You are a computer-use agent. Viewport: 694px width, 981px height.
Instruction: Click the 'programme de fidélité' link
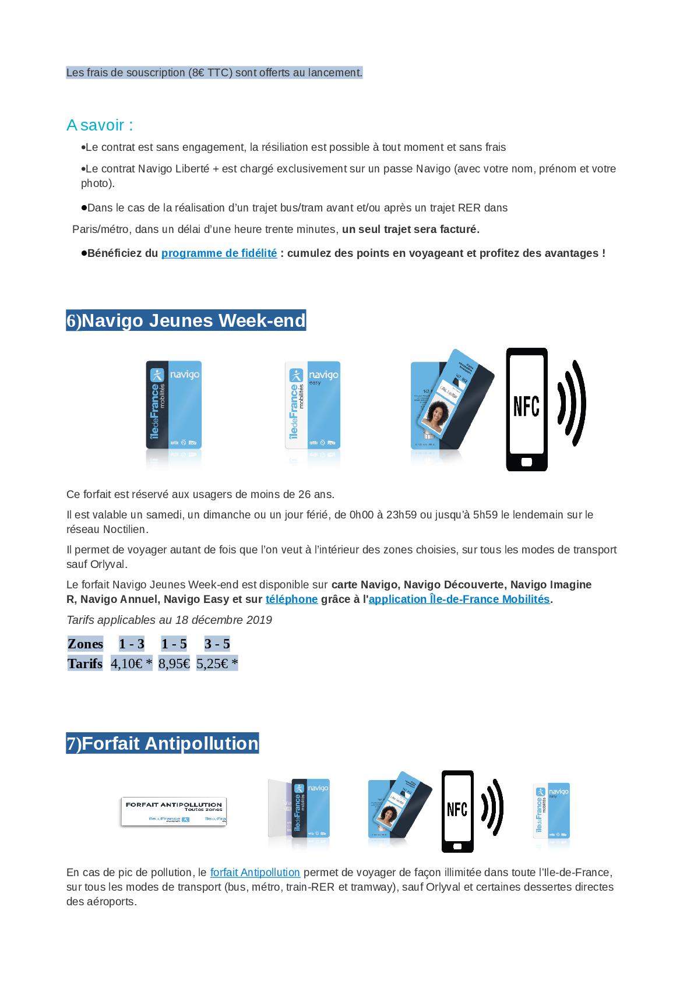(x=219, y=253)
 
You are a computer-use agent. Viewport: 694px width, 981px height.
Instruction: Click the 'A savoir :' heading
(x=100, y=125)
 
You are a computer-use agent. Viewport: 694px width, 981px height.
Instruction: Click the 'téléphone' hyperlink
(x=291, y=599)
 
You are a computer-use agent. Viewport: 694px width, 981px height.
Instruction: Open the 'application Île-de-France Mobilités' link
(x=459, y=599)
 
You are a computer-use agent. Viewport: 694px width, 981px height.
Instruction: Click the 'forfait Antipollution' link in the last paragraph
(x=255, y=873)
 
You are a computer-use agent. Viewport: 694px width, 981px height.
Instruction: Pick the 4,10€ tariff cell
(x=131, y=664)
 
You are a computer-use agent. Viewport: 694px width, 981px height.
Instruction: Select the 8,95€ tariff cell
(x=174, y=664)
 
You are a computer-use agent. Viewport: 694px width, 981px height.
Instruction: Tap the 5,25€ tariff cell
(x=217, y=664)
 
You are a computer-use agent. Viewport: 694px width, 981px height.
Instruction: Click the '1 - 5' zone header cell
(x=174, y=644)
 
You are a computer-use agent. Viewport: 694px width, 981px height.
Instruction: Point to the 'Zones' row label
(x=85, y=644)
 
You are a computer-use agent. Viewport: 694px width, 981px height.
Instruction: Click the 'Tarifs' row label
(x=85, y=664)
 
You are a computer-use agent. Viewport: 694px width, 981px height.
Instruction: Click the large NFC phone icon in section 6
(x=527, y=409)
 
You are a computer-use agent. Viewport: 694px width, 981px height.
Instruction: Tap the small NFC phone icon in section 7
(x=457, y=811)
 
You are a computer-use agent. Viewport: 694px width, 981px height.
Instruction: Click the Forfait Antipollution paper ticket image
(x=173, y=811)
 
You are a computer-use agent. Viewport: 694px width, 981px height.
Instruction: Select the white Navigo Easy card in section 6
(x=312, y=405)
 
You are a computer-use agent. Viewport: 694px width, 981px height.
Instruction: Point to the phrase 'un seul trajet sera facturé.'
(x=411, y=230)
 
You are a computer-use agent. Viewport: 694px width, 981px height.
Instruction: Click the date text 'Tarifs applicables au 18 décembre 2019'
(x=169, y=620)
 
